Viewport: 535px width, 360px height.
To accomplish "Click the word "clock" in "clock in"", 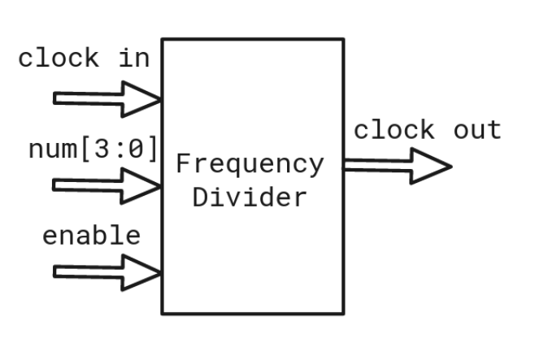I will click(59, 59).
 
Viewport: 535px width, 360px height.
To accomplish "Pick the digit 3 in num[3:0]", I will click(111, 149).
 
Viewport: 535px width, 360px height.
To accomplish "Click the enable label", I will click(91, 236).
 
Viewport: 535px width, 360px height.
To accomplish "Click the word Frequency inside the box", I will click(250, 165).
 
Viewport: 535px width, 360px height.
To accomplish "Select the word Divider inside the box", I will click(250, 197).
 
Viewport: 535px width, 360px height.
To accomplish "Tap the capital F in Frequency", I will click(183, 163).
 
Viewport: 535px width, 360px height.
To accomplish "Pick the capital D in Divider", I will click(199, 197).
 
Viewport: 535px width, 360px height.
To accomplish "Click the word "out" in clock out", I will click(477, 130).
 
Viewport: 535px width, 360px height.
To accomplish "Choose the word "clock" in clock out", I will click(394, 130).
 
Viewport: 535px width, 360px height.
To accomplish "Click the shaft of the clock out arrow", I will click(376, 166).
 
